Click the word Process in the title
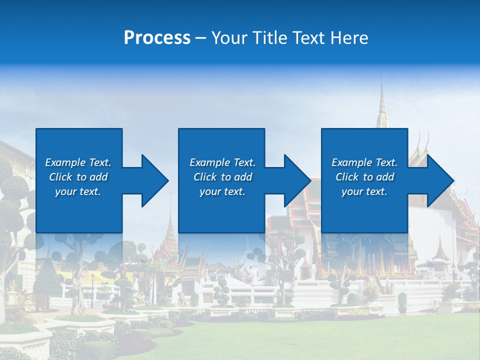pyautogui.click(x=157, y=38)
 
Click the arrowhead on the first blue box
pyautogui.click(x=153, y=180)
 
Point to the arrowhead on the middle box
pyautogui.click(x=296, y=180)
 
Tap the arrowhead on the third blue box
pyautogui.click(x=439, y=180)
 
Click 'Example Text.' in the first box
pyautogui.click(x=78, y=162)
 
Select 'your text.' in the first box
pyautogui.click(x=78, y=191)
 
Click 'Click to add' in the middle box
pyautogui.click(x=222, y=177)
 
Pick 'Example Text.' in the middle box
pyautogui.click(x=222, y=162)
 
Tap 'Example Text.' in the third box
pyautogui.click(x=364, y=162)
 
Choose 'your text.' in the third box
pyautogui.click(x=364, y=191)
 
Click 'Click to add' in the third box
pyautogui.click(x=364, y=177)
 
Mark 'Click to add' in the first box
pyautogui.click(x=78, y=177)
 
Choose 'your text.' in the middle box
pyautogui.click(x=222, y=191)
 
